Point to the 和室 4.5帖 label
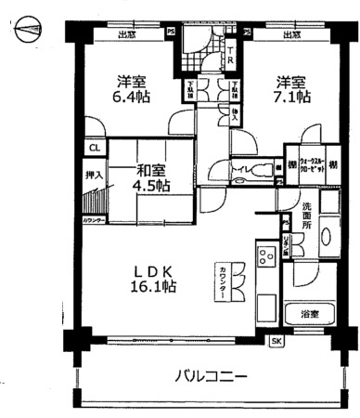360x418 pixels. point(149,177)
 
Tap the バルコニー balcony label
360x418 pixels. point(210,377)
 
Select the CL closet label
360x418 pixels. point(94,148)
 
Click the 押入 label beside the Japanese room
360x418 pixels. point(94,173)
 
